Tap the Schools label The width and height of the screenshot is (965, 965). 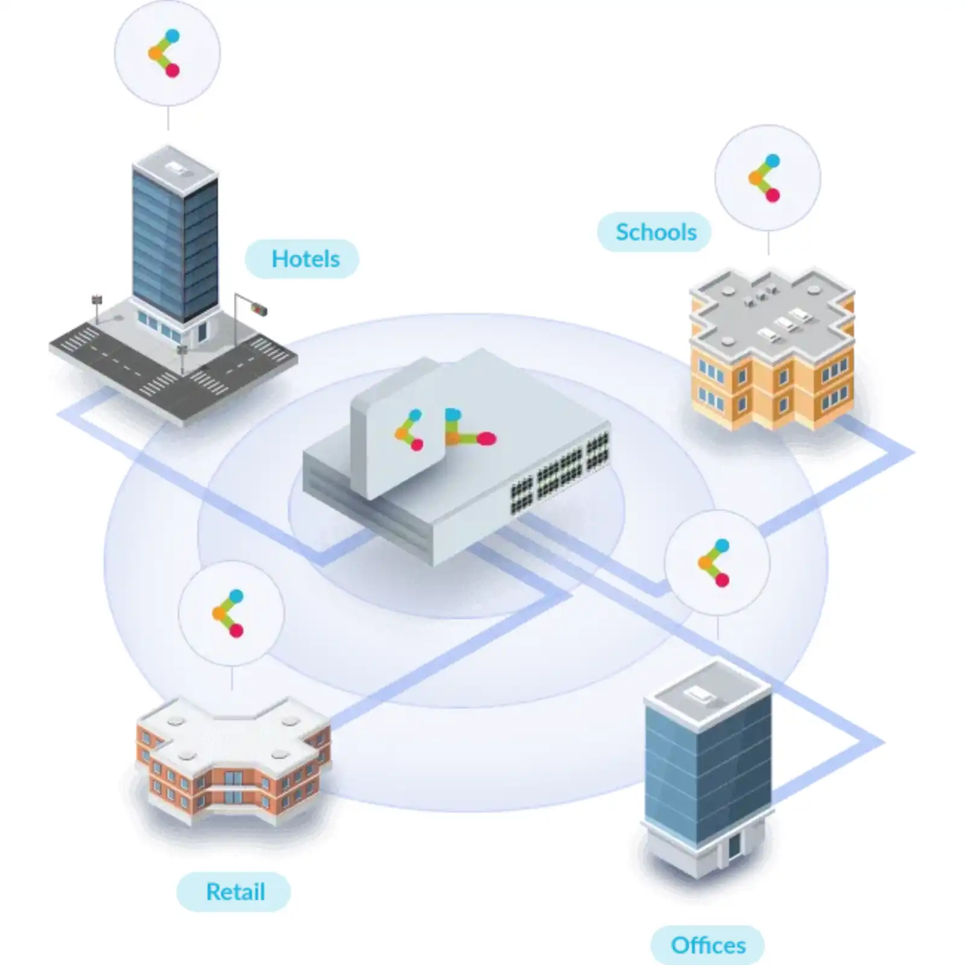point(655,232)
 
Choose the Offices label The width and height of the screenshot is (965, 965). point(707,945)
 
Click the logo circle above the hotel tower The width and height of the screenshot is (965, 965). point(167,53)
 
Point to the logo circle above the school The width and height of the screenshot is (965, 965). point(767,178)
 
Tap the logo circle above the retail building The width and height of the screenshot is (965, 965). point(231,613)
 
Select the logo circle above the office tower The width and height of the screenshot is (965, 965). point(717,563)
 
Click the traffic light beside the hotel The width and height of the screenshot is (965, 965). point(259,310)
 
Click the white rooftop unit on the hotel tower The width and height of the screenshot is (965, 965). point(176,166)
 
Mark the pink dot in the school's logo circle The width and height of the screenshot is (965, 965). point(773,195)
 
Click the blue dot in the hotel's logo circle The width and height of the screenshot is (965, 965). point(172,36)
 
